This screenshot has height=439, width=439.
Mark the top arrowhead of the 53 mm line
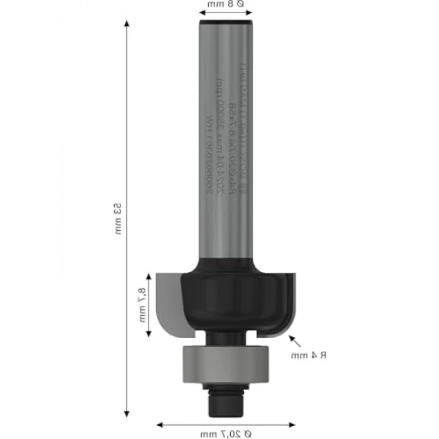[127, 23]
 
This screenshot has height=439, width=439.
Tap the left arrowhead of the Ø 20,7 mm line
[160, 423]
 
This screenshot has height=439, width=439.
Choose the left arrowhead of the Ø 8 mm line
[203, 12]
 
